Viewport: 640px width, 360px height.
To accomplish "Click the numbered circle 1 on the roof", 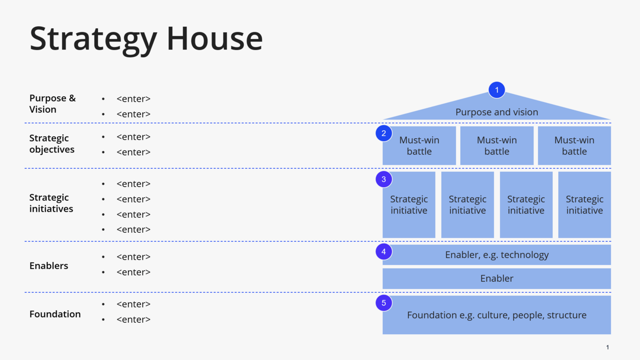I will [496, 90].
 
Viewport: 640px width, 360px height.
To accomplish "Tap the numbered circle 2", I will [383, 134].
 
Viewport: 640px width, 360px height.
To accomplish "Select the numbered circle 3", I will [383, 179].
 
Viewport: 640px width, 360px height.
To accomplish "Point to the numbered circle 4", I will [383, 252].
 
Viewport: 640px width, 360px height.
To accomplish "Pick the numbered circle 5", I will [383, 303].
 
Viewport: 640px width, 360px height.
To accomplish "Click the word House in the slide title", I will [214, 39].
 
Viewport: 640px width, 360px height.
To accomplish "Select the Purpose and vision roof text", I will [496, 112].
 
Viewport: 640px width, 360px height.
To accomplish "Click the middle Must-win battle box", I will [496, 146].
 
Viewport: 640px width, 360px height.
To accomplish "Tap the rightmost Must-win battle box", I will [574, 146].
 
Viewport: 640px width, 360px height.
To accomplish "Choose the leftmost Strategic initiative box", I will [409, 205].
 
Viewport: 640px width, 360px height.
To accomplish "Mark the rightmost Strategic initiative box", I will [585, 205].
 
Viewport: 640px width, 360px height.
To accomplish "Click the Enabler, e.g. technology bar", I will [496, 255].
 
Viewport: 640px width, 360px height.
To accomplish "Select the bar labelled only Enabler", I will [496, 278].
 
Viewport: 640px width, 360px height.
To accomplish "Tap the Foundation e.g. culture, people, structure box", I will [496, 315].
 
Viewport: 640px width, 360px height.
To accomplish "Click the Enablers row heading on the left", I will [49, 266].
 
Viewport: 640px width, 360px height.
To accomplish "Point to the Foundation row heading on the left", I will [55, 314].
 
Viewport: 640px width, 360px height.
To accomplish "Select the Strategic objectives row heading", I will [52, 144].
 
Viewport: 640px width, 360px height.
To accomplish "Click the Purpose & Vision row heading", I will [52, 103].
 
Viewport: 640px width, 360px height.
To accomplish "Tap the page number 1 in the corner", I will [607, 347].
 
